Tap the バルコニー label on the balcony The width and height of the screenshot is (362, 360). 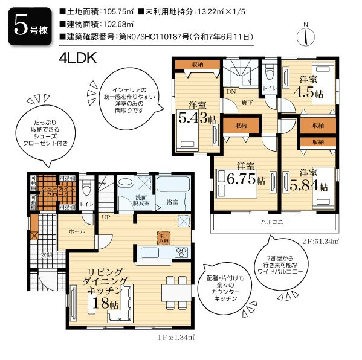[275, 222]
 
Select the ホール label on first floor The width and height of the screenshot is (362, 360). [77, 231]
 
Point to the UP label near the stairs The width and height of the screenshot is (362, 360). [105, 216]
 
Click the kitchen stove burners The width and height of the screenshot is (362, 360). [182, 251]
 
